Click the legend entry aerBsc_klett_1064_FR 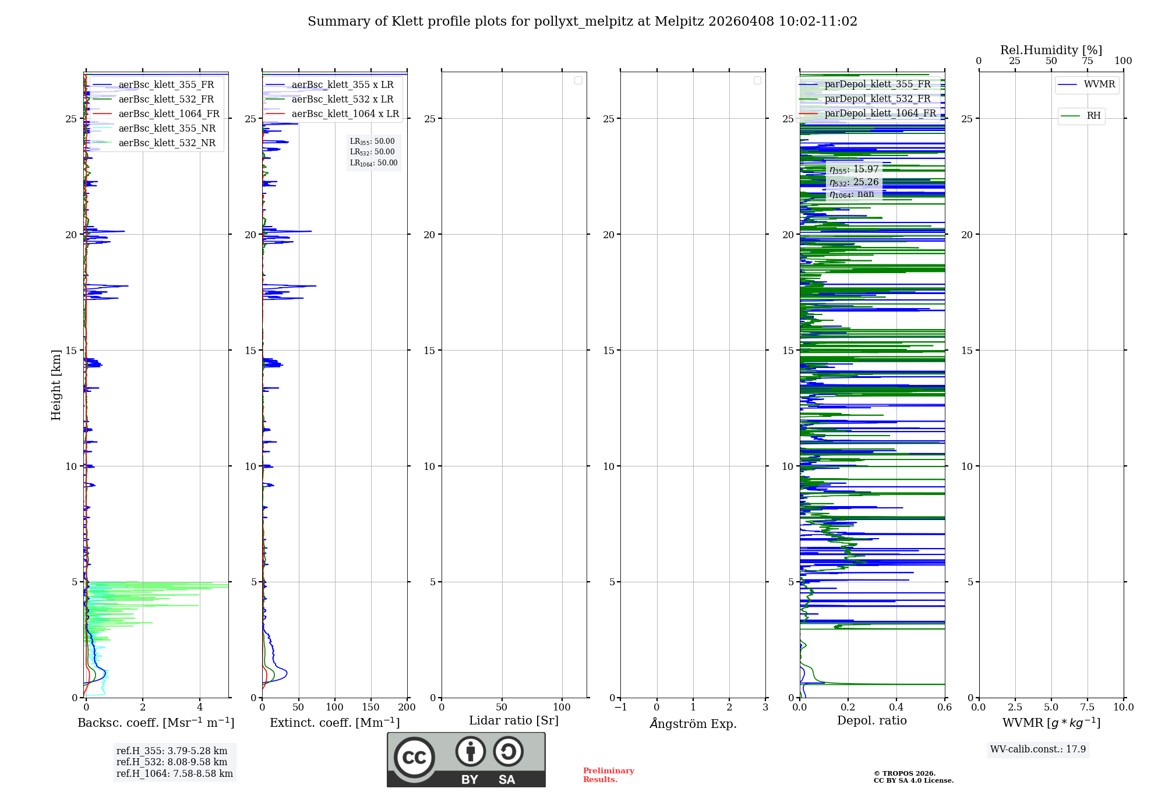pyautogui.click(x=169, y=114)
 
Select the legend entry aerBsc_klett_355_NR pyautogui.click(x=167, y=129)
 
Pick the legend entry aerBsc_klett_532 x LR pyautogui.click(x=343, y=100)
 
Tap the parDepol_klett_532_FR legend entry pyautogui.click(x=877, y=99)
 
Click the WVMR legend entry pyautogui.click(x=1099, y=84)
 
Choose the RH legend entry pyautogui.click(x=1093, y=116)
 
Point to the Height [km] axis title pyautogui.click(x=56, y=385)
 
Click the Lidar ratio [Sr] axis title pyautogui.click(x=514, y=721)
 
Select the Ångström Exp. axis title pyautogui.click(x=693, y=723)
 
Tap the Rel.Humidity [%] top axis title pyautogui.click(x=1051, y=50)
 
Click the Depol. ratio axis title pyautogui.click(x=871, y=721)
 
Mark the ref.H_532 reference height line pyautogui.click(x=172, y=762)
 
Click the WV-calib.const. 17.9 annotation pyautogui.click(x=1038, y=749)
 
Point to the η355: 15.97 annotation pyautogui.click(x=854, y=169)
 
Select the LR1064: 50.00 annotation pyautogui.click(x=373, y=163)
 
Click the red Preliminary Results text pyautogui.click(x=608, y=775)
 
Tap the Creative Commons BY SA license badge pyautogui.click(x=466, y=760)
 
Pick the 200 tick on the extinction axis pyautogui.click(x=407, y=708)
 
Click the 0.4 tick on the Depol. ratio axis pyautogui.click(x=896, y=708)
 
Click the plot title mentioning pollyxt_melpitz pyautogui.click(x=582, y=22)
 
